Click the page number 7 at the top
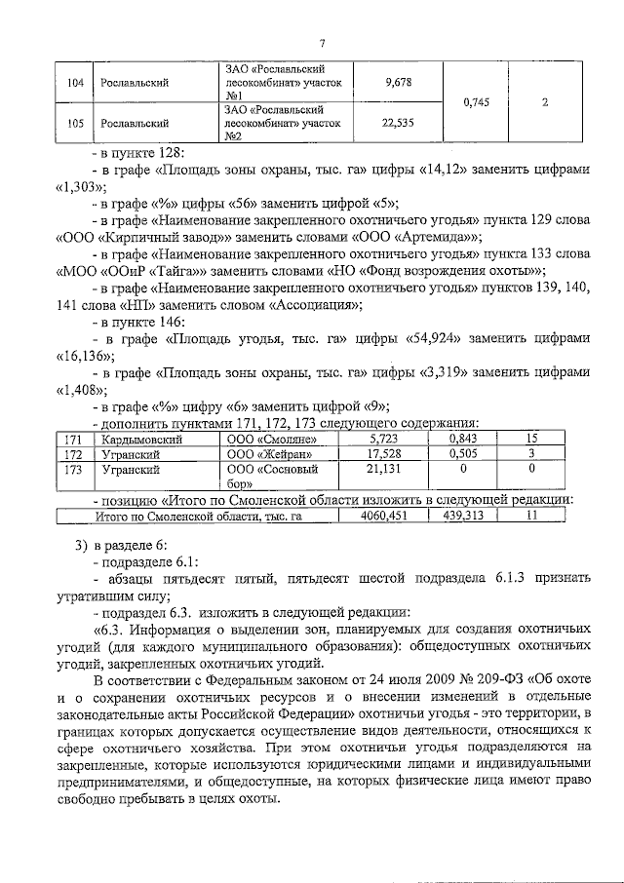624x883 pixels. click(x=321, y=41)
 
